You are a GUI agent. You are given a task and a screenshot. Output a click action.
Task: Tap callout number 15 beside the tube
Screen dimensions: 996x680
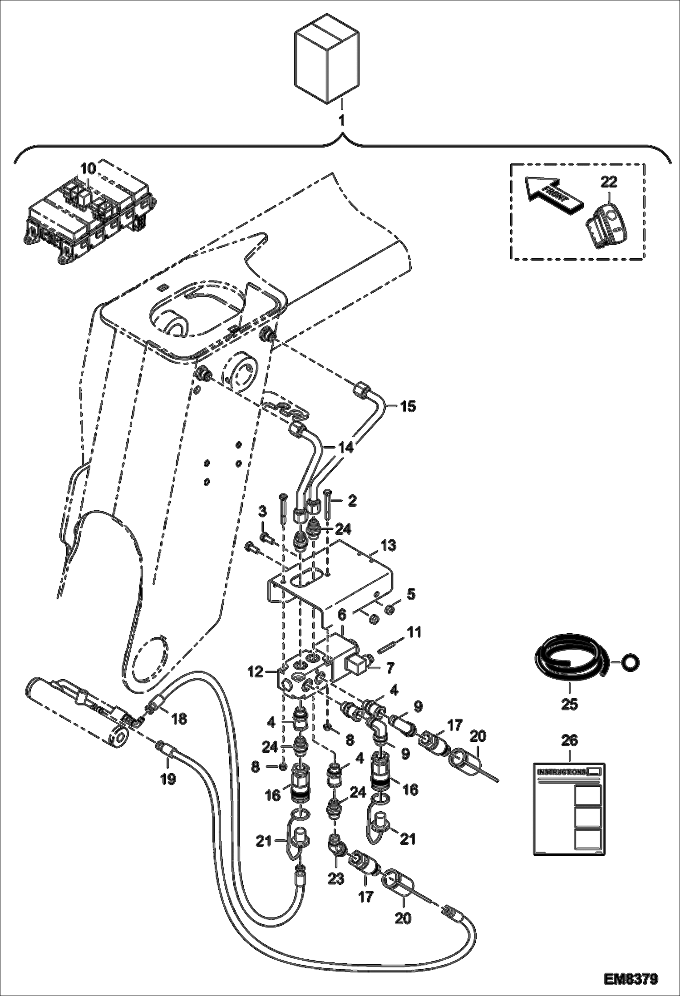point(407,406)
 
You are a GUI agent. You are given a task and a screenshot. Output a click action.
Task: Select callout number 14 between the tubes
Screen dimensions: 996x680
point(345,448)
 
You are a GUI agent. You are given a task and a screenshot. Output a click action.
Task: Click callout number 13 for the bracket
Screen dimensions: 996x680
point(388,545)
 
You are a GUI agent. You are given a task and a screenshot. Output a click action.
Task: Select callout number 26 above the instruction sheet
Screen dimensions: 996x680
point(569,740)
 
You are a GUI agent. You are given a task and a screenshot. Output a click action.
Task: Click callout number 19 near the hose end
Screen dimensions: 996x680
point(168,779)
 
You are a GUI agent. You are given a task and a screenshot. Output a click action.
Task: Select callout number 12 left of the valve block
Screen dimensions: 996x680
point(255,671)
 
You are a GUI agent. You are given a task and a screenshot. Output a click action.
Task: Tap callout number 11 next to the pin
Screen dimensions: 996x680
point(414,632)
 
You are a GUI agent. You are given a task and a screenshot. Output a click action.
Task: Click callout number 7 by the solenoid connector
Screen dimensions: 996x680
point(390,668)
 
